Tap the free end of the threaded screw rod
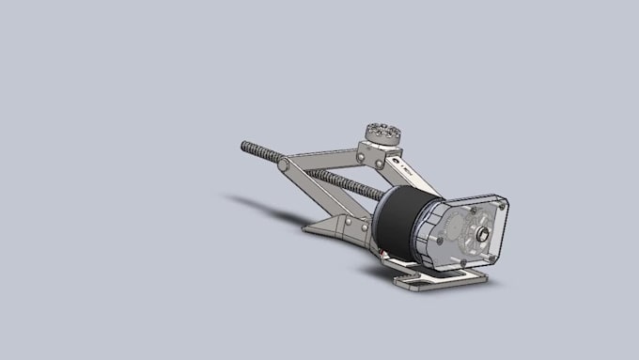[x=245, y=146]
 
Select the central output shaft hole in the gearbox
[x=482, y=234]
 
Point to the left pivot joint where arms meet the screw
[x=283, y=165]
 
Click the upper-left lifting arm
[x=319, y=159]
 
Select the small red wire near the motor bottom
[x=384, y=254]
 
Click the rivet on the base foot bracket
[x=348, y=222]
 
